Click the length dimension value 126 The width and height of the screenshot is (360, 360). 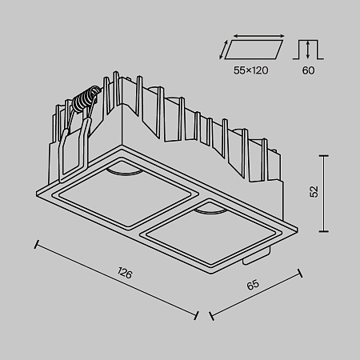(124, 274)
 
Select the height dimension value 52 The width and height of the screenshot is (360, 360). (314, 191)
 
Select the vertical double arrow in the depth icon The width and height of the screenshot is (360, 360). (307, 50)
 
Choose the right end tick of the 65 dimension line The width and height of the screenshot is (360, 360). (301, 272)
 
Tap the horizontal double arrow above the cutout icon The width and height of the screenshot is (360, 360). (258, 35)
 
